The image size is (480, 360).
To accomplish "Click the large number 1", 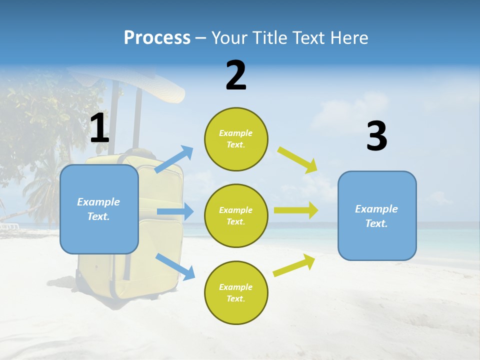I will pyautogui.click(x=99, y=129).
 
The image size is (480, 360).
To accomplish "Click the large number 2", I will pyautogui.click(x=236, y=75).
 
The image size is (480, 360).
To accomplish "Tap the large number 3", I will pyautogui.click(x=377, y=136).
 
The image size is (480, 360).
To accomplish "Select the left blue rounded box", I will pyautogui.click(x=99, y=209).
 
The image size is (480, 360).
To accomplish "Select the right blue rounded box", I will pyautogui.click(x=377, y=215).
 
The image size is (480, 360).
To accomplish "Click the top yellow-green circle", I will pyautogui.click(x=236, y=139).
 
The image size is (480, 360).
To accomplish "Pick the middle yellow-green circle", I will pyautogui.click(x=236, y=215).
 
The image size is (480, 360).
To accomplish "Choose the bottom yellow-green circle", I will pyautogui.click(x=236, y=292).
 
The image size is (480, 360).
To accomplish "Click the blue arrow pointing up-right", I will pyautogui.click(x=174, y=159).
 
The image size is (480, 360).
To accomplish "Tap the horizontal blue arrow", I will pyautogui.click(x=175, y=211).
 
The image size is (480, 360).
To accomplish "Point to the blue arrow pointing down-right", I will pyautogui.click(x=175, y=266).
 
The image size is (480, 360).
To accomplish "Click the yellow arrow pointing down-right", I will pyautogui.click(x=298, y=160).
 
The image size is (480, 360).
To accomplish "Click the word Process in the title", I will pyautogui.click(x=157, y=37).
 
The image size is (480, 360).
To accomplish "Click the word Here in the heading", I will pyautogui.click(x=347, y=37).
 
